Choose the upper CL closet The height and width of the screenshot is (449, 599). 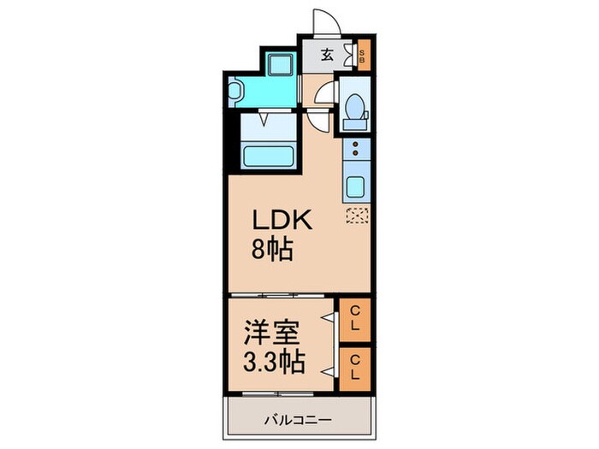(354, 319)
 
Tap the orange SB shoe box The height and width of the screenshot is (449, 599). (363, 58)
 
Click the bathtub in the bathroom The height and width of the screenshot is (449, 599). (269, 157)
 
